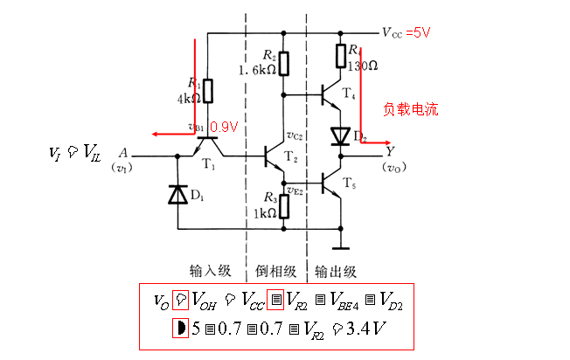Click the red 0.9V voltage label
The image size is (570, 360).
coord(225,127)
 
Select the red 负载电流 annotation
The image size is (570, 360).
coord(410,110)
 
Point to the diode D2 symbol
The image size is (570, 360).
coord(339,136)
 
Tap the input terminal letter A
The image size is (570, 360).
coord(124,149)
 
